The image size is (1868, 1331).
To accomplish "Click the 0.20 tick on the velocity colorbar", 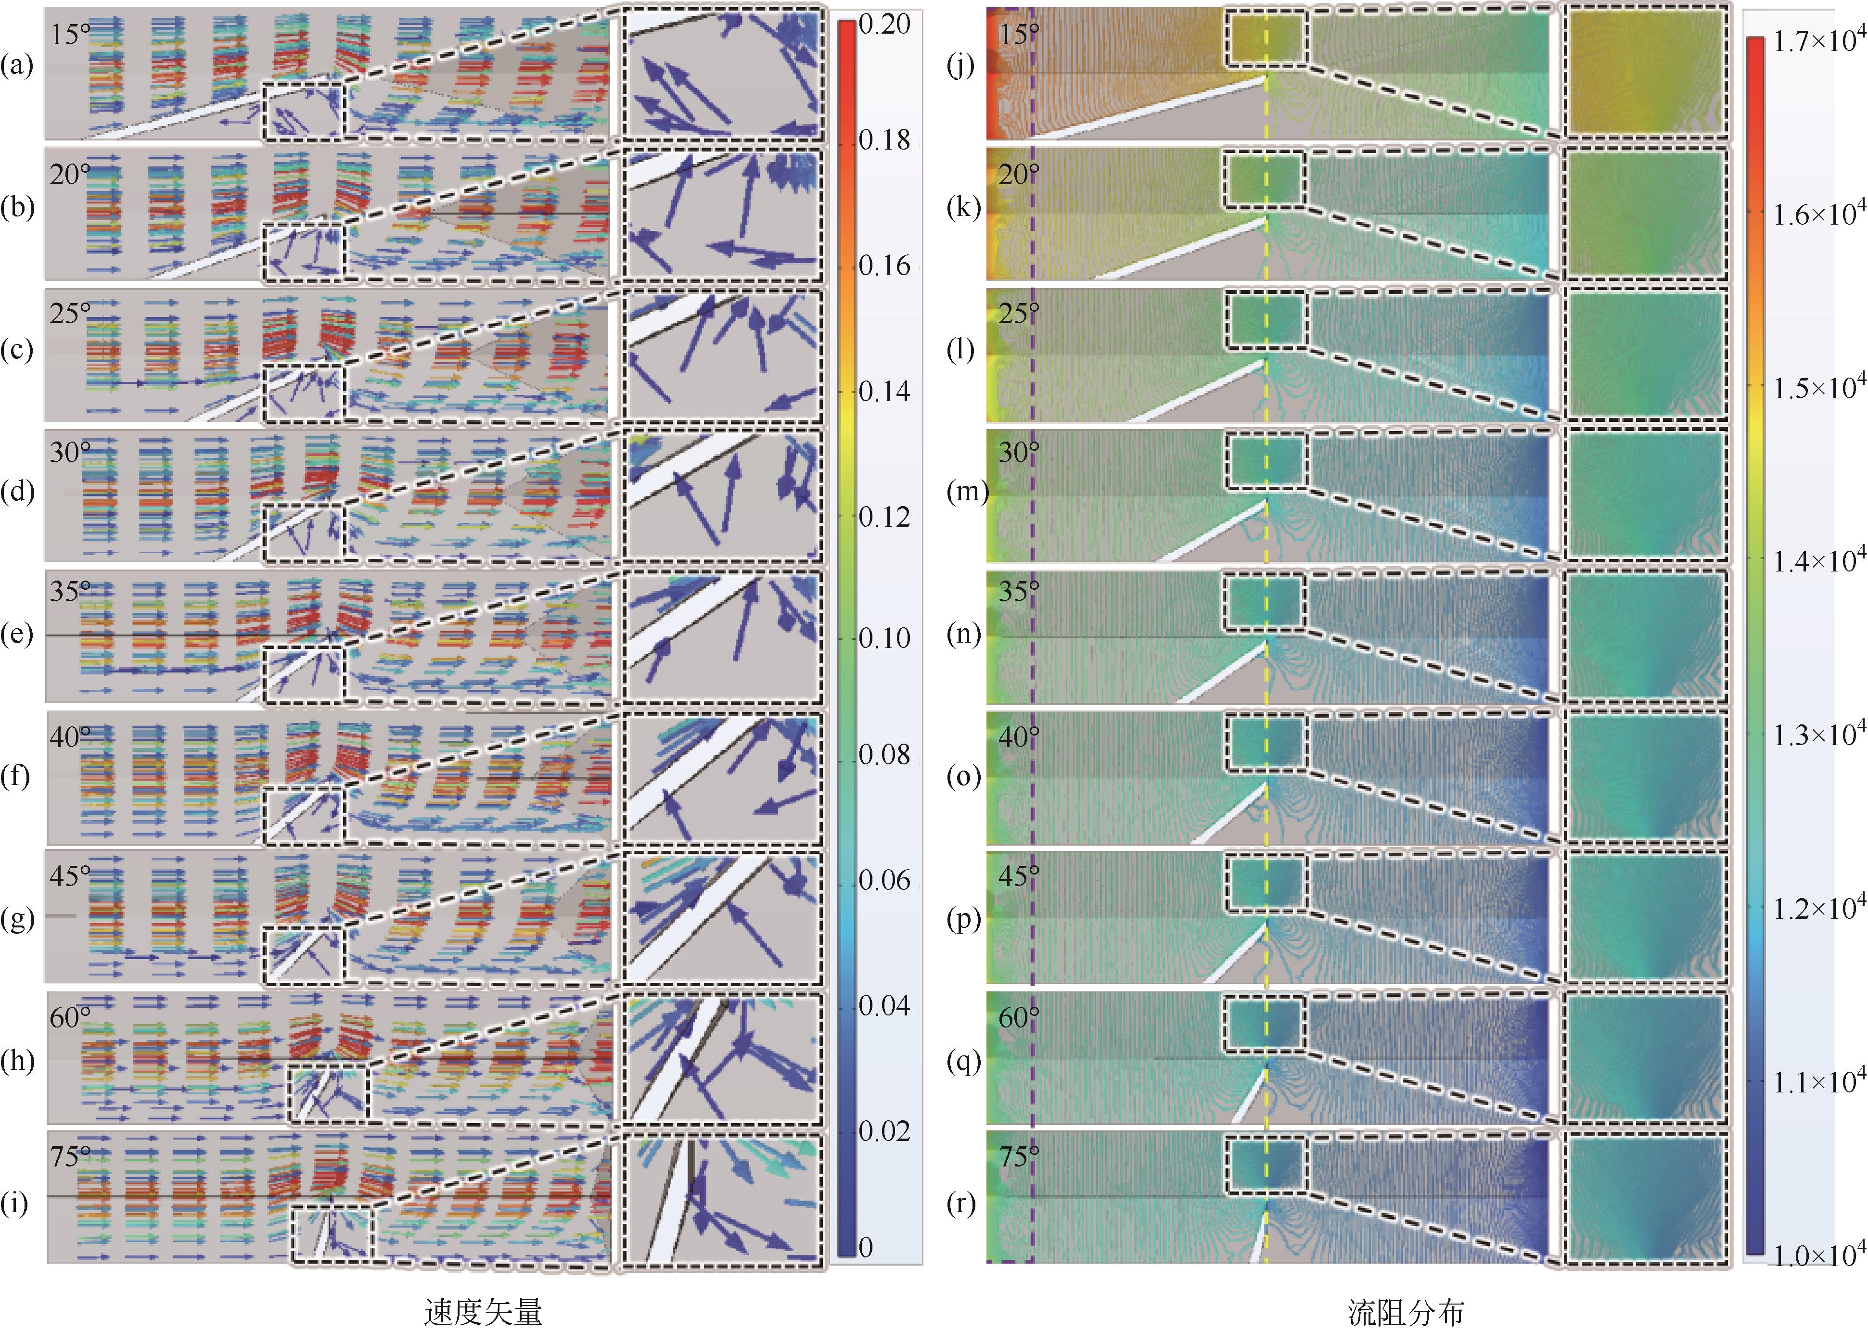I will [883, 25].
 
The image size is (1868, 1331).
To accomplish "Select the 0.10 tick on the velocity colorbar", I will [883, 637].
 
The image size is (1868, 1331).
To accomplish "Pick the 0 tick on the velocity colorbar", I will [866, 1247].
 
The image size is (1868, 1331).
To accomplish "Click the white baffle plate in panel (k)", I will [1180, 248].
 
